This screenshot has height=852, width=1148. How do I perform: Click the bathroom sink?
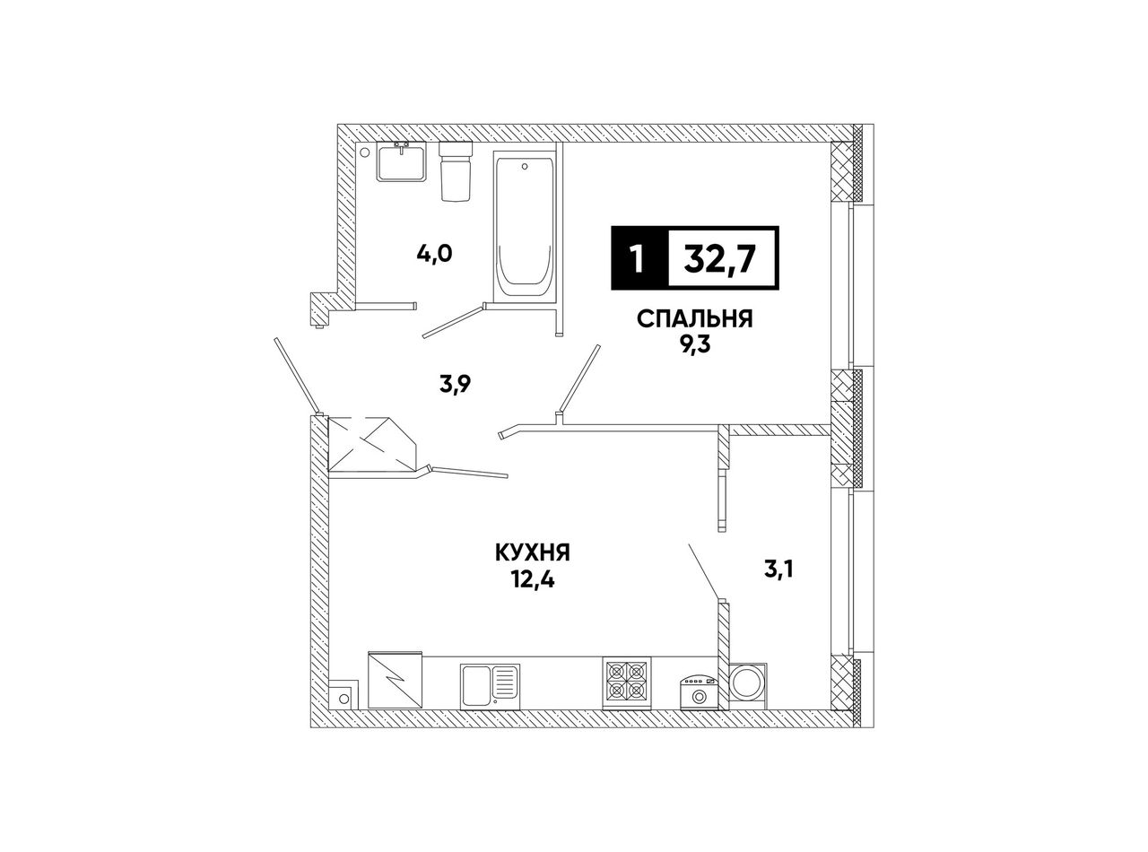click(402, 161)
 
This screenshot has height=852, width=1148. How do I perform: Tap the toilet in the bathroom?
click(456, 170)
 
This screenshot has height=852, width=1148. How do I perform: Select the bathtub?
click(524, 226)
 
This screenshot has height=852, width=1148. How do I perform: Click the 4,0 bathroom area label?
click(434, 254)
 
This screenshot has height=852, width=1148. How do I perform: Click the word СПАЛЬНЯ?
click(694, 319)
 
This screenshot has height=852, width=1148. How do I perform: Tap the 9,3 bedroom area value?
click(694, 344)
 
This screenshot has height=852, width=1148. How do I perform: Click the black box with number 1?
click(639, 257)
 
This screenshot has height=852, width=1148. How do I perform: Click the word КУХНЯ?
click(533, 552)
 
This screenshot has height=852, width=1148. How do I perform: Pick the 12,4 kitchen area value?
click(533, 580)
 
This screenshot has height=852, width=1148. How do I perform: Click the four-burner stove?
click(626, 682)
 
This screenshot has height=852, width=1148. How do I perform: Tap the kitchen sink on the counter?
click(490, 686)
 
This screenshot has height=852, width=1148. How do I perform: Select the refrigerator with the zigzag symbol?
click(395, 680)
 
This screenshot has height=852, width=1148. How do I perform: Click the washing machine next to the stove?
click(699, 691)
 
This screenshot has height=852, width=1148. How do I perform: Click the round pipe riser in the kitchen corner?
click(344, 699)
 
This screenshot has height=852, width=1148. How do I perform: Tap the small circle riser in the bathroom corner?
click(364, 152)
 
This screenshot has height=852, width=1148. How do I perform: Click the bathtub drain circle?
click(525, 166)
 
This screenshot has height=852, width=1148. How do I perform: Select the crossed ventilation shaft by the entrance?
click(373, 444)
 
